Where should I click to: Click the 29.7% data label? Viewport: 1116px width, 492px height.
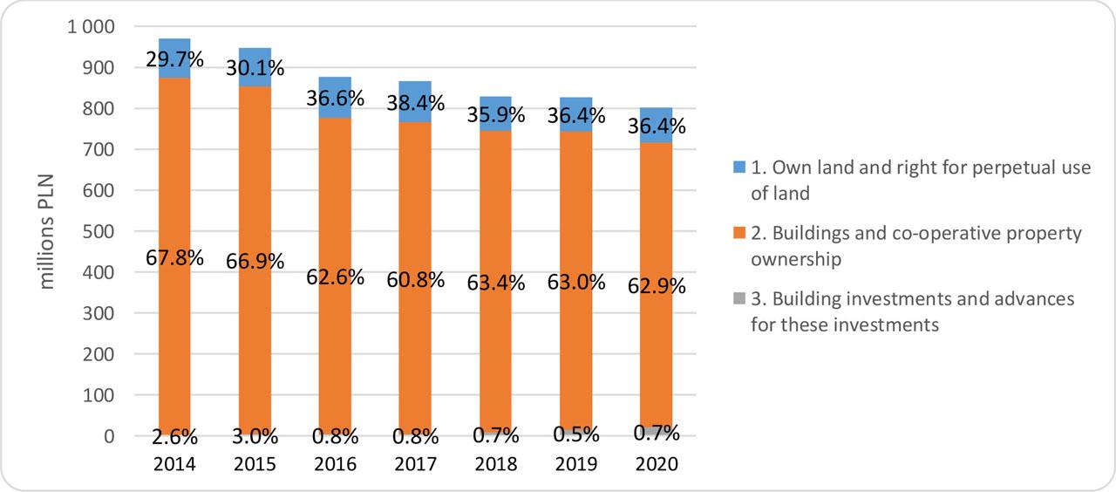click(x=174, y=60)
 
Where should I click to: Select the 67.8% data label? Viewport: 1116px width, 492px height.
click(x=174, y=258)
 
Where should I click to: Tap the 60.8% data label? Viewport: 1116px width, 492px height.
click(x=415, y=280)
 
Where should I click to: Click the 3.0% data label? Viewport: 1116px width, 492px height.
click(x=255, y=435)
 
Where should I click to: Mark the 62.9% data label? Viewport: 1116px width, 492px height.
click(x=656, y=286)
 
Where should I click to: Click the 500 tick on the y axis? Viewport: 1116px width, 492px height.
click(x=100, y=232)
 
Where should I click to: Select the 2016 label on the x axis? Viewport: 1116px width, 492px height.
click(x=335, y=464)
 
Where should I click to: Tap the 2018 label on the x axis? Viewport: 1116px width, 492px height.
click(x=495, y=464)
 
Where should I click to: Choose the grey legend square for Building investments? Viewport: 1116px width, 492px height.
click(x=738, y=300)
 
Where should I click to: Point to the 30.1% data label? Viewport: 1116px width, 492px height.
click(x=255, y=68)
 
